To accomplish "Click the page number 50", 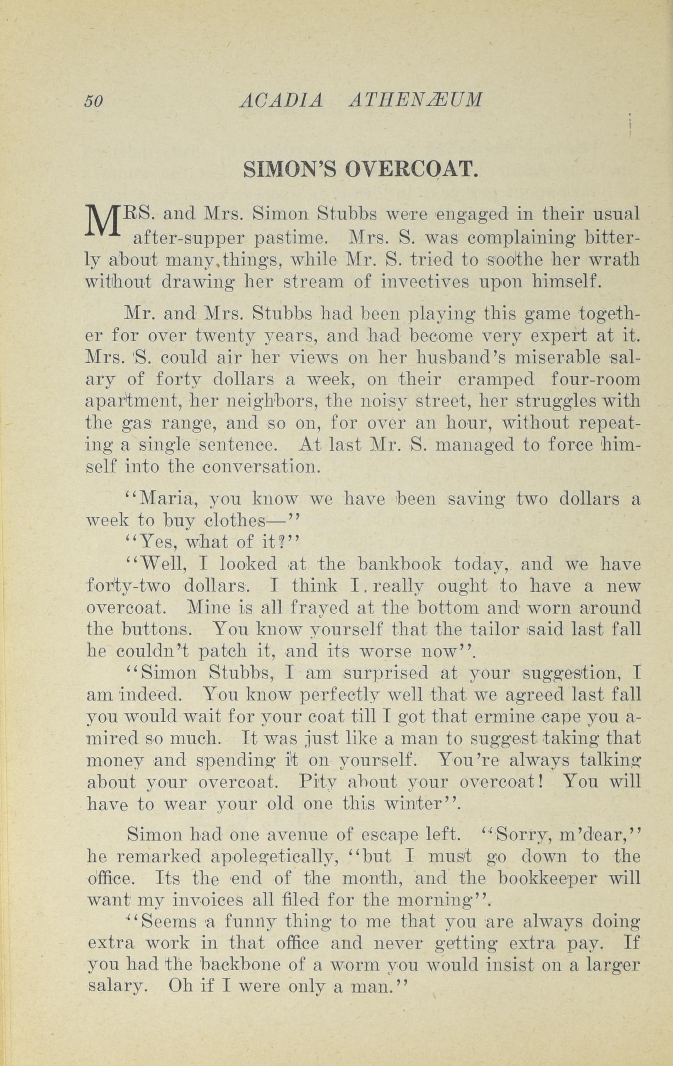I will (x=94, y=102).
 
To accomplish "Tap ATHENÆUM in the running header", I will (x=415, y=101).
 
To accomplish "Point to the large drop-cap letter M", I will (x=103, y=221).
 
